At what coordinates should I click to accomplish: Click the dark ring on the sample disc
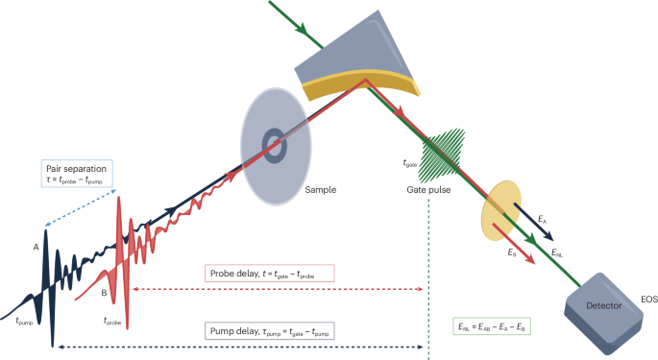coord(277,147)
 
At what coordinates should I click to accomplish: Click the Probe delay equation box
coord(269,274)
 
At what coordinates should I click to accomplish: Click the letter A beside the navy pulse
coord(35,248)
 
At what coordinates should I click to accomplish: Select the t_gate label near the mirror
coord(410,163)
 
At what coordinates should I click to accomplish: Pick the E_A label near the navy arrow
coord(544,222)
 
